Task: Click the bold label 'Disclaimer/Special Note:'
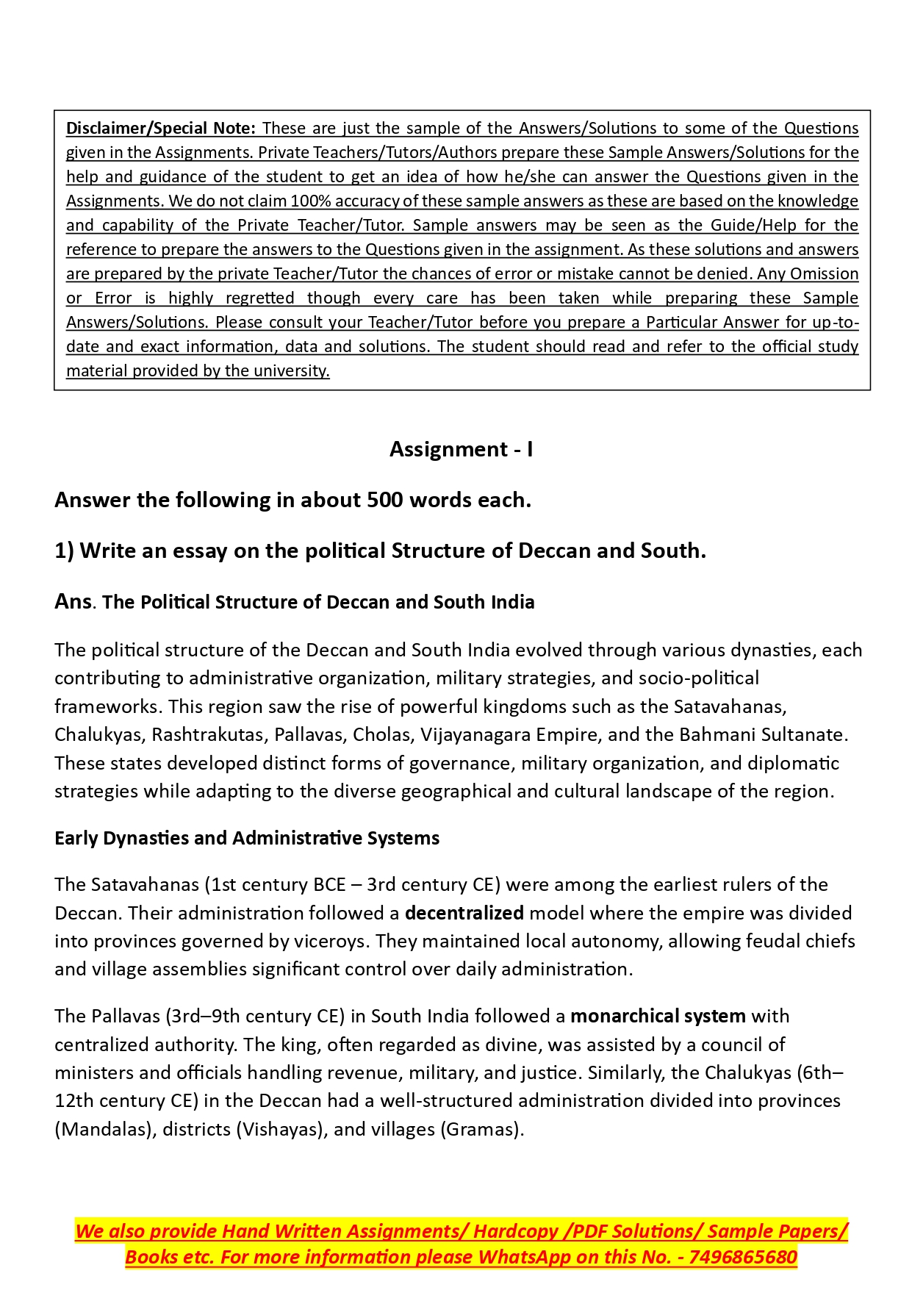(x=161, y=128)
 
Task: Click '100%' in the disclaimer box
(x=311, y=201)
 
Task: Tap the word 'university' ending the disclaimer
(x=291, y=370)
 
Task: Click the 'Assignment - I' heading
(x=461, y=449)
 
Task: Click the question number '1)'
(x=64, y=551)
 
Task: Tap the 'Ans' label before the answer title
(x=73, y=601)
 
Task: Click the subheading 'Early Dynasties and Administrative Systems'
(x=247, y=838)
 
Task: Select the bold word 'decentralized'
(x=464, y=913)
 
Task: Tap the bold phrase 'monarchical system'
(x=658, y=1016)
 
